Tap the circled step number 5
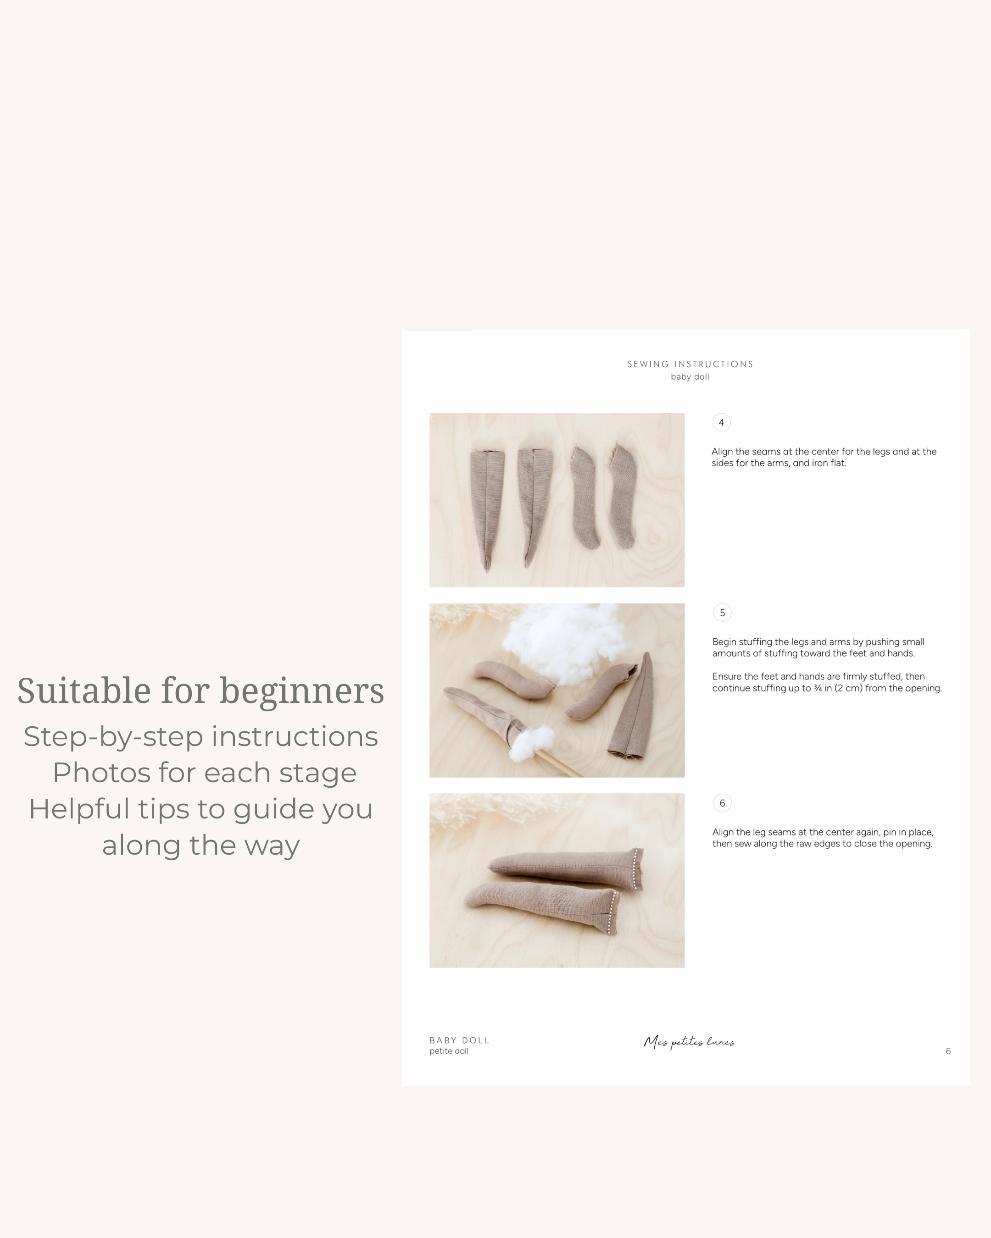point(722,613)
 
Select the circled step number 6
point(722,803)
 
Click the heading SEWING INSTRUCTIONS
point(690,364)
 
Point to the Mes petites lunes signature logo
point(690,1042)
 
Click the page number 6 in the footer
point(948,1051)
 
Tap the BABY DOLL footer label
point(459,1040)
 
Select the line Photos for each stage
point(205,773)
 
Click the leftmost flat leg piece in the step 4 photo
point(485,505)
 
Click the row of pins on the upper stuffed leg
point(636,868)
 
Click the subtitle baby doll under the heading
point(690,377)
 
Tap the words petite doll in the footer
point(449,1051)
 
